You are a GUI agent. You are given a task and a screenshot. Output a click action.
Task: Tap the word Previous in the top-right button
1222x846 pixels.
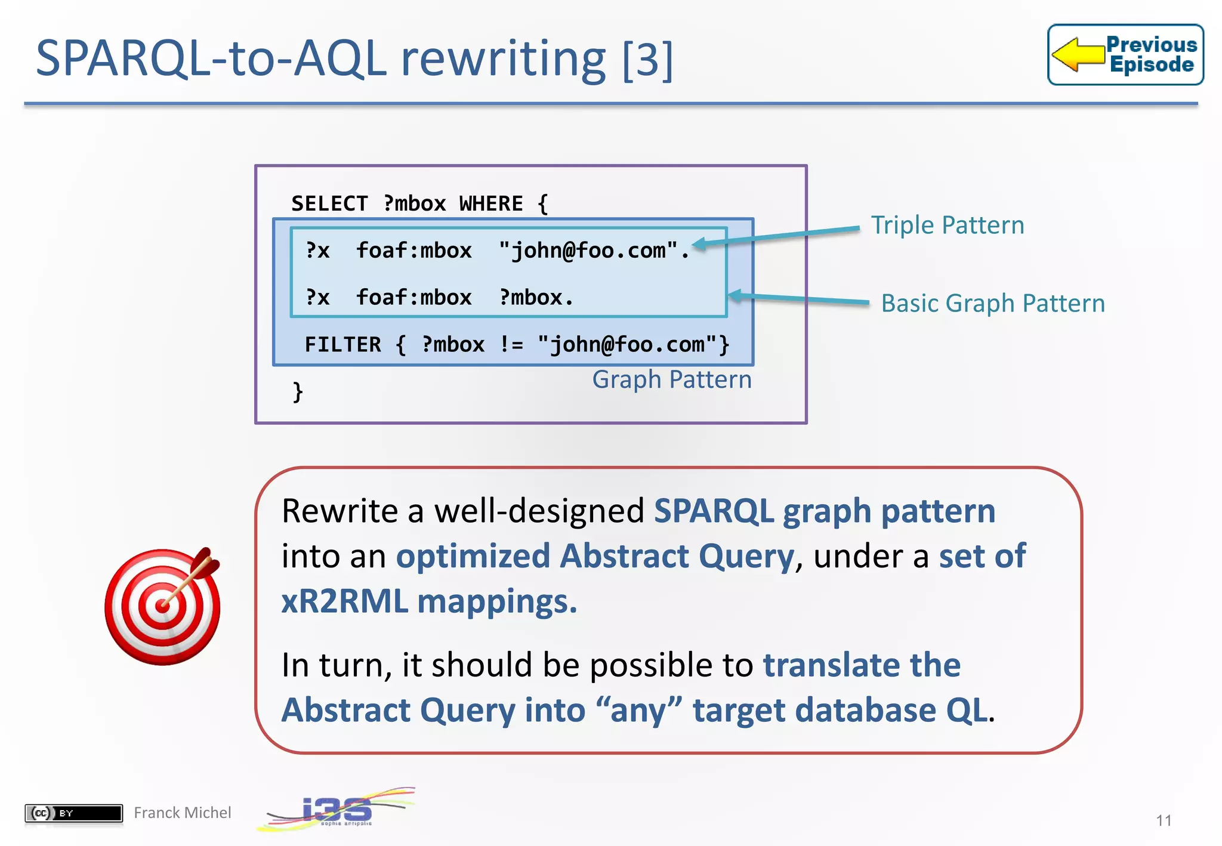[1151, 45]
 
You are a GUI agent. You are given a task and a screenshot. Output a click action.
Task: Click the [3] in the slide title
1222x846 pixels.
[647, 60]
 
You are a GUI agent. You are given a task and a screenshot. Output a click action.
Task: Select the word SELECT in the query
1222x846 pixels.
[329, 204]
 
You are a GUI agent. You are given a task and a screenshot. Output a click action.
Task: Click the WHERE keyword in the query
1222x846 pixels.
[490, 204]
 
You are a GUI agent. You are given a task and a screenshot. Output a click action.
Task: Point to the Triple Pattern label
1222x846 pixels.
[947, 226]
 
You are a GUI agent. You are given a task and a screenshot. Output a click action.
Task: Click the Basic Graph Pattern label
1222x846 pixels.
[992, 303]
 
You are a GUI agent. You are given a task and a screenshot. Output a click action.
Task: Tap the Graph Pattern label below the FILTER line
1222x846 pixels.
[671, 379]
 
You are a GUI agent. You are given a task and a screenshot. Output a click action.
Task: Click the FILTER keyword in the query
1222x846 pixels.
[342, 345]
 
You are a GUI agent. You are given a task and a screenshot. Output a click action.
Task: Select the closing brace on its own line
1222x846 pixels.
[298, 392]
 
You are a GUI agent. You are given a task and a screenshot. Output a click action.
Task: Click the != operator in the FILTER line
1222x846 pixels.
[511, 345]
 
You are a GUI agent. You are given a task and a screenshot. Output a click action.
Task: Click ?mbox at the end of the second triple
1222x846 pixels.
[531, 297]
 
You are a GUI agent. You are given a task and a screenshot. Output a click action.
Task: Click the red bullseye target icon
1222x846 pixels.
[162, 607]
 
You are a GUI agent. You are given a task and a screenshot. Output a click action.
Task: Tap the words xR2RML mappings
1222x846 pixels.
[429, 601]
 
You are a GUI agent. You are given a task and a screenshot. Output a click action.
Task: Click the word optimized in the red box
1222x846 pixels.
[473, 556]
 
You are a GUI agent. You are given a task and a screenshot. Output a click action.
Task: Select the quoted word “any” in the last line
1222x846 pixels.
[638, 710]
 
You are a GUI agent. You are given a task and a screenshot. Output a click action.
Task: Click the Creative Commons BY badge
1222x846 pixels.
[73, 813]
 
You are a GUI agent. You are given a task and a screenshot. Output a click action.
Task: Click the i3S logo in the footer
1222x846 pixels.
[337, 810]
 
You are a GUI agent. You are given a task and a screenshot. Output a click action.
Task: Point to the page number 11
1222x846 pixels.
[1163, 820]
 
